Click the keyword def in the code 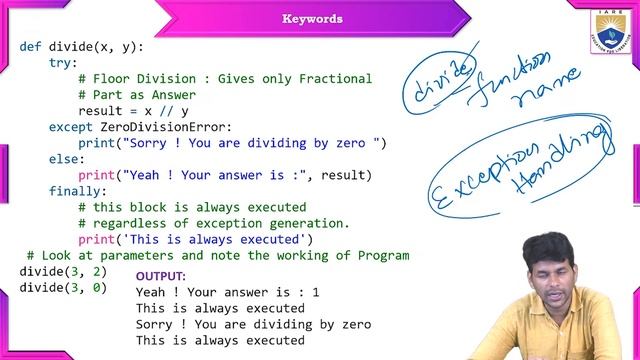tap(30, 47)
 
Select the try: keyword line tap(63, 63)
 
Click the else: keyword tap(67, 159)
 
